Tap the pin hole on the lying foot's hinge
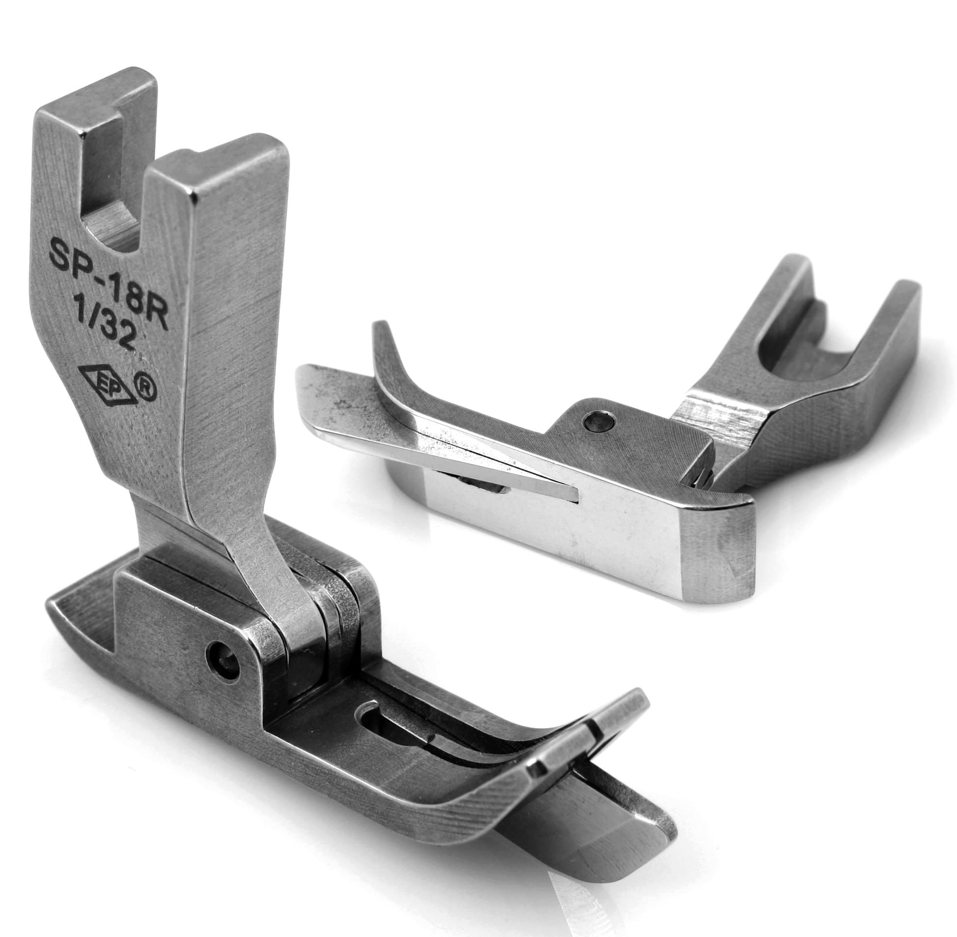[x=597, y=421]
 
